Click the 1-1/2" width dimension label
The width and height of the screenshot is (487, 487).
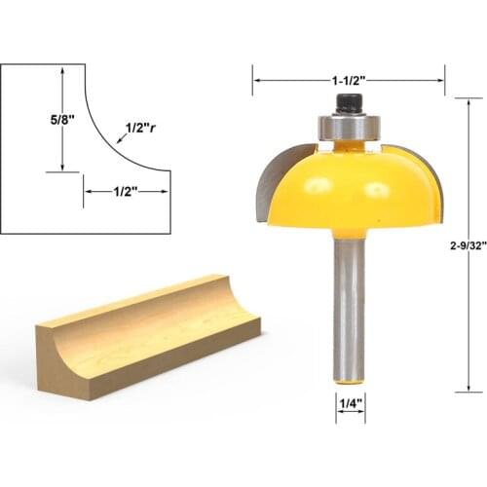click(348, 79)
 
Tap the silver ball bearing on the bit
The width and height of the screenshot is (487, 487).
click(349, 127)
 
